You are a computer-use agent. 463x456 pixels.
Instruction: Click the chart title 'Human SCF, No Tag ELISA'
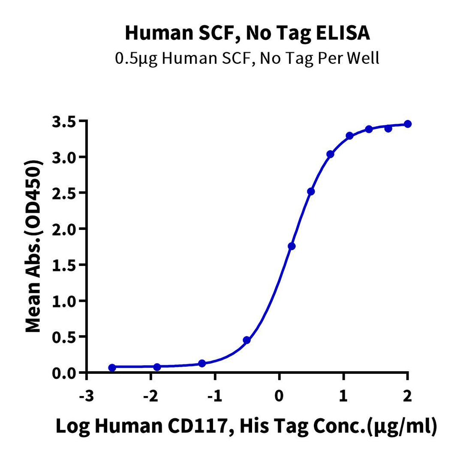pos(247,33)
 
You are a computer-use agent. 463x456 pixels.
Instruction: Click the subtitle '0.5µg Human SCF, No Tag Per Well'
pos(247,58)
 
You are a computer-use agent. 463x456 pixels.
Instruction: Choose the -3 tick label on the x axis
pos(87,396)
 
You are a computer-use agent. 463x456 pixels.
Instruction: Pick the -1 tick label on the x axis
pos(215,396)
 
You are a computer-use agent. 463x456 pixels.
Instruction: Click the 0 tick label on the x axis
pos(279,396)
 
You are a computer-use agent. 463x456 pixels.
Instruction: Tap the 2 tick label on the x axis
pos(407,396)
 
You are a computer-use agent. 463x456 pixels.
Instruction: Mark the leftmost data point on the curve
pos(112,367)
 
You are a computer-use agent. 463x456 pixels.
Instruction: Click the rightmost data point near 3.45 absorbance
pos(408,124)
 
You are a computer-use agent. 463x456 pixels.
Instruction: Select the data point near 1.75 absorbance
pos(292,246)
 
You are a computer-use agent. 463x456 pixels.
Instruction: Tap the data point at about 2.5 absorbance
pos(311,191)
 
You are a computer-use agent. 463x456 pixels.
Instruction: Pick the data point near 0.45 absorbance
pos(247,340)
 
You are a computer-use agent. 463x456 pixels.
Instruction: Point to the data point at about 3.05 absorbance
pos(330,154)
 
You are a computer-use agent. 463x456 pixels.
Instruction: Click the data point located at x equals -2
pos(157,367)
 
